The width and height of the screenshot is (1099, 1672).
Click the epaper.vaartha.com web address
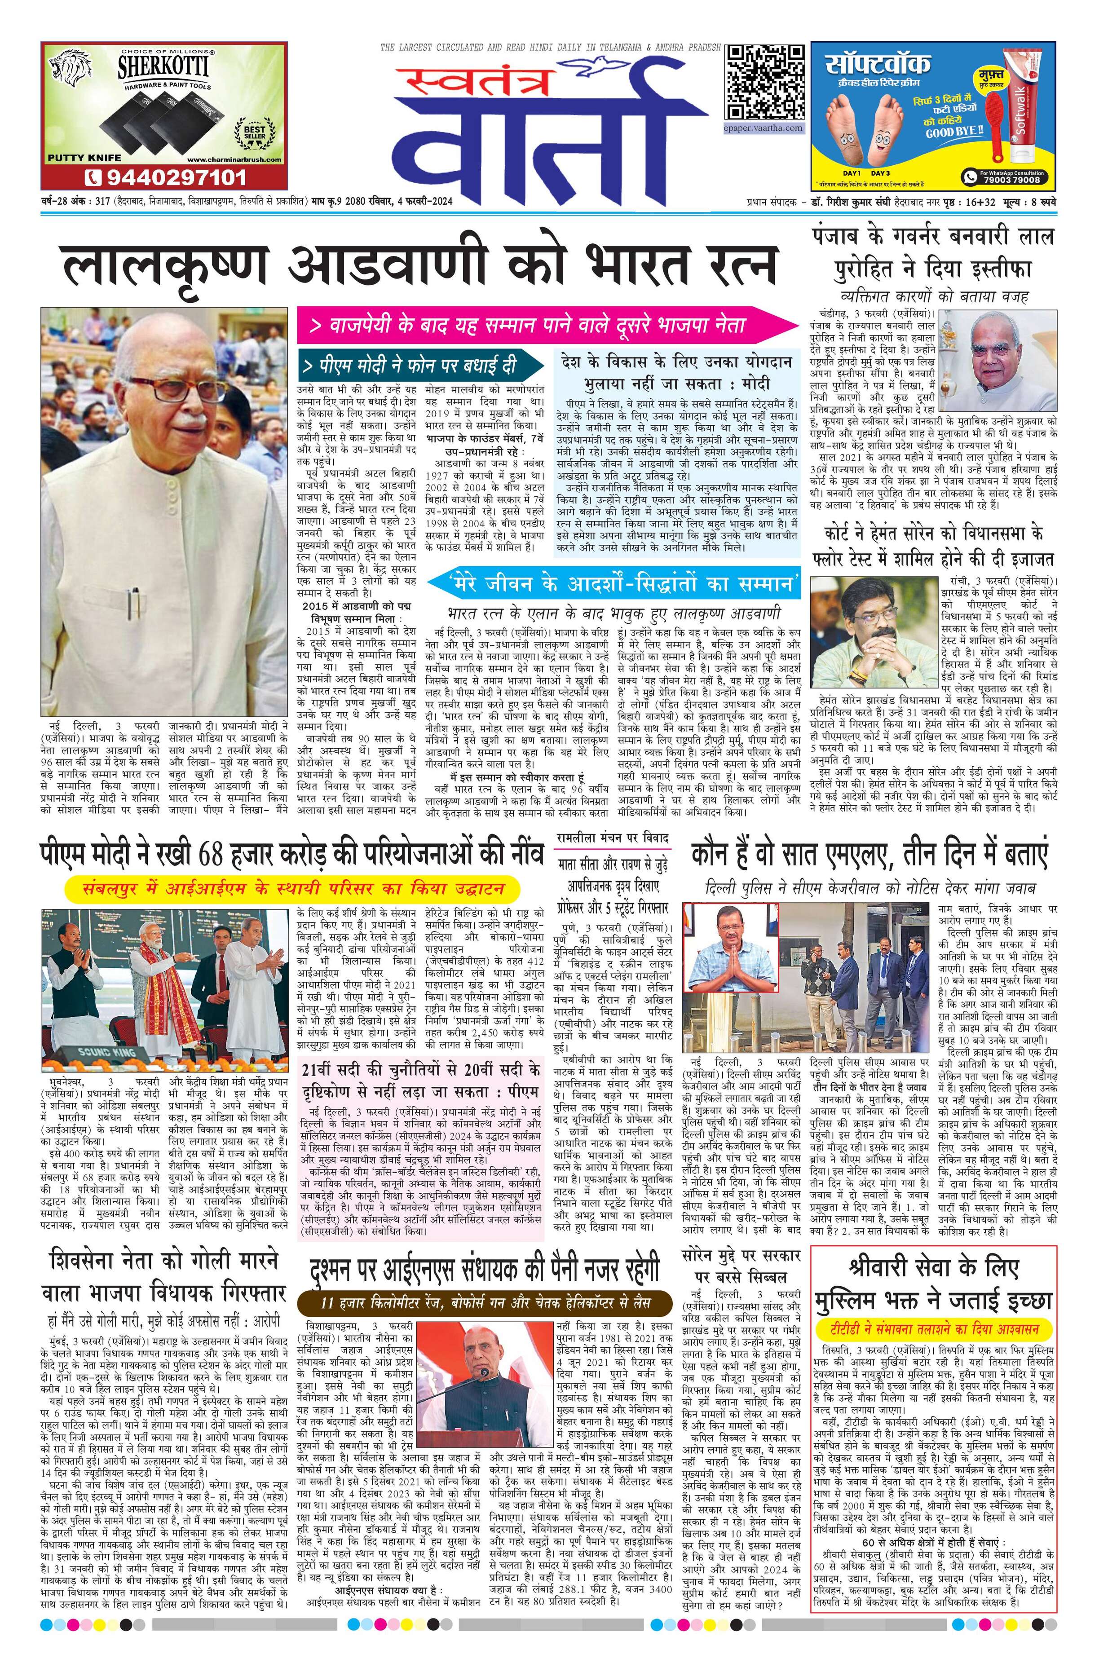coord(764,128)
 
